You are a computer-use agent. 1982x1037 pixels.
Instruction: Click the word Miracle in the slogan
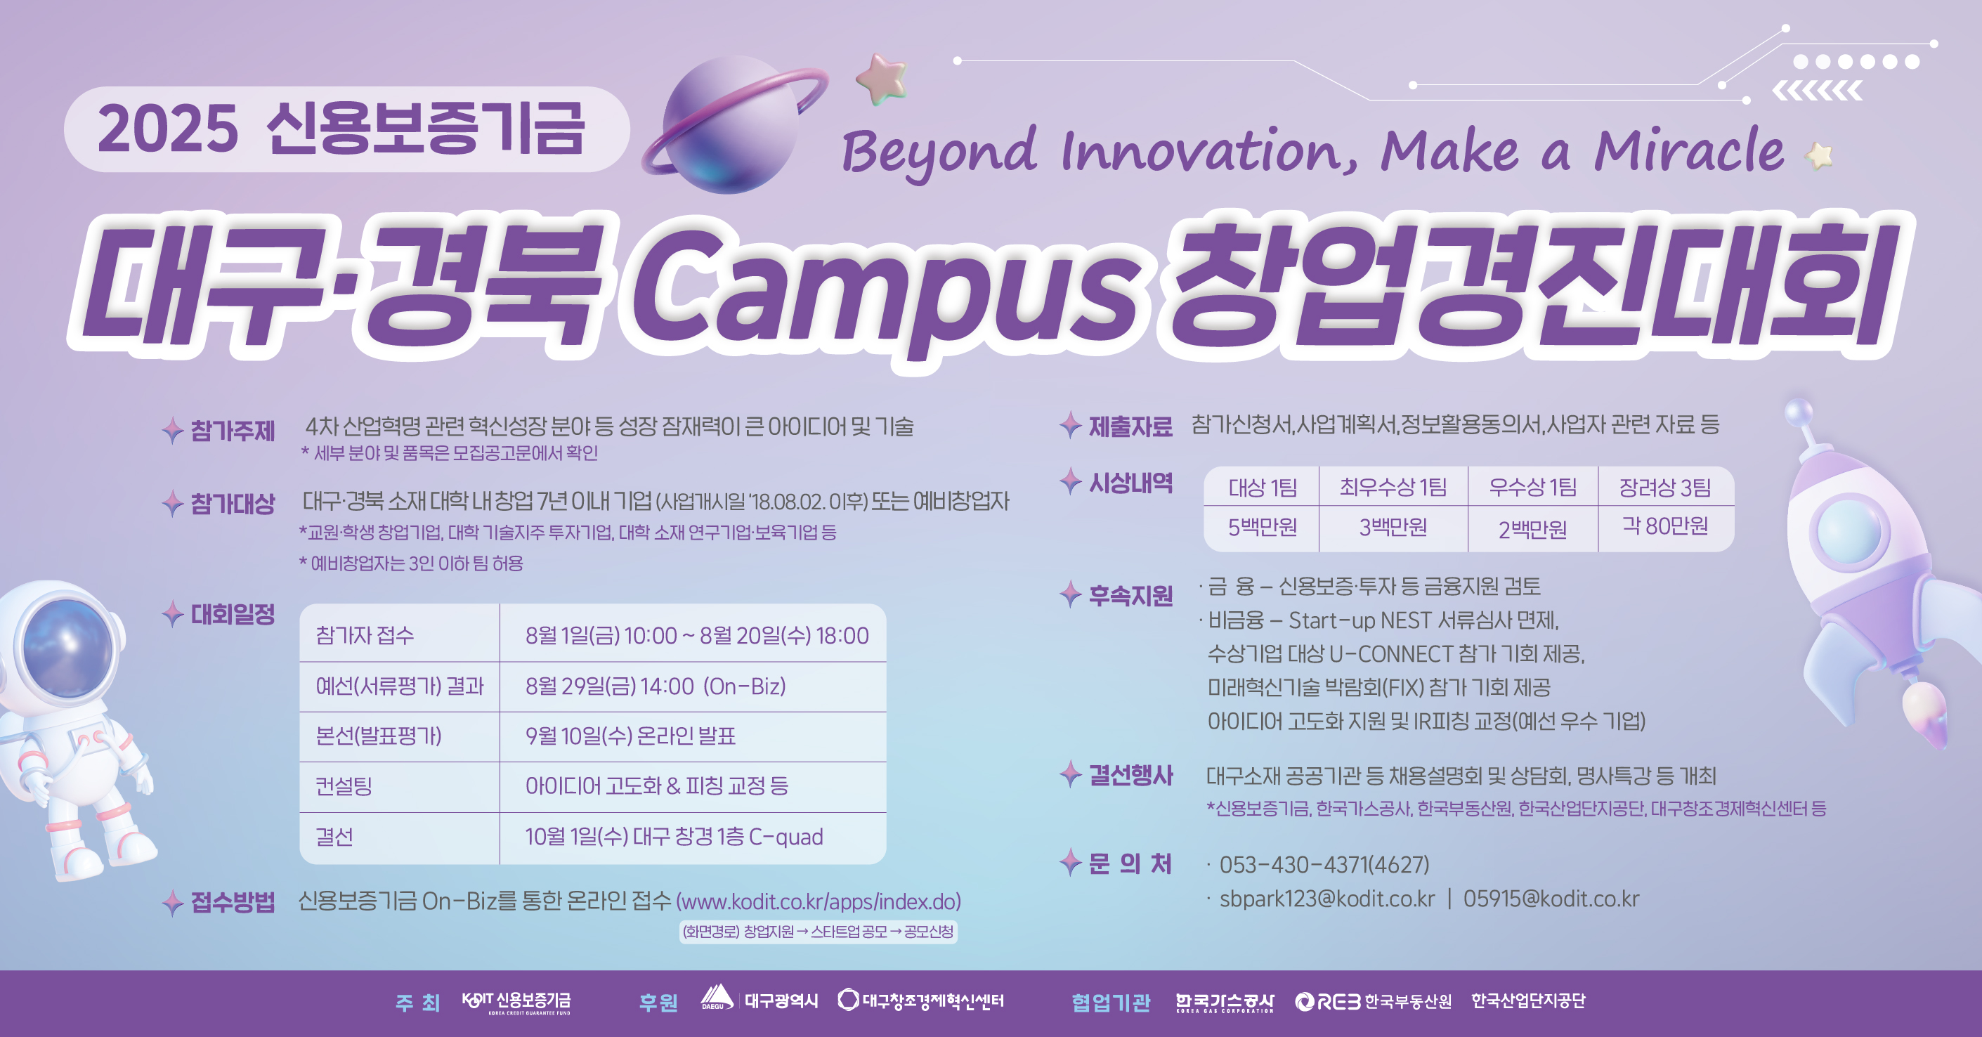tap(1689, 150)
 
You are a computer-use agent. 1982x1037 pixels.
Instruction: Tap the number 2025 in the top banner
tap(168, 129)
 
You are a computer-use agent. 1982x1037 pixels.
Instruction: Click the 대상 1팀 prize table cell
tap(1262, 487)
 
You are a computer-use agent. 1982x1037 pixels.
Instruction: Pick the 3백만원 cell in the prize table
tap(1393, 528)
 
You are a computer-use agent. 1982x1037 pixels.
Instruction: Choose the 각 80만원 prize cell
tap(1665, 526)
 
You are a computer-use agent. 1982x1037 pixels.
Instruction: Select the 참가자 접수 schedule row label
tap(365, 635)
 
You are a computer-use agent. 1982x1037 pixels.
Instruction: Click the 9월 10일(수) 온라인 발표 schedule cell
tap(630, 736)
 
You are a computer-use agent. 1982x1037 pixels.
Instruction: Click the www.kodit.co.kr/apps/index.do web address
tap(819, 901)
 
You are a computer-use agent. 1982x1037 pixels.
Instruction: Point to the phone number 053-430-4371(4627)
tap(1324, 865)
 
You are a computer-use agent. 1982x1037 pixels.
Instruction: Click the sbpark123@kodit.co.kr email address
tap(1327, 899)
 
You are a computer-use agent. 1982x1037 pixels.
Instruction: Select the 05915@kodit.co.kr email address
tap(1551, 899)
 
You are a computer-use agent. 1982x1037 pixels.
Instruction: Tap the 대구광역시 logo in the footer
tap(759, 1000)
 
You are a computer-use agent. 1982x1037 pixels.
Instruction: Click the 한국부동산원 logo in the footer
tap(1374, 1001)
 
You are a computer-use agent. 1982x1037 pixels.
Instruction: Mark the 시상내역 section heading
tap(1130, 483)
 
